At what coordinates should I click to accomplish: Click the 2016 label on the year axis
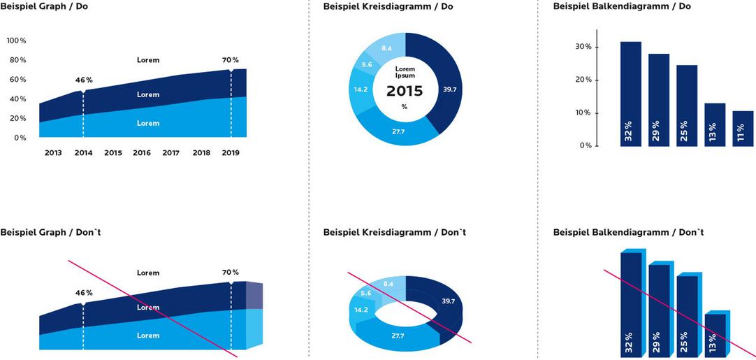tap(142, 152)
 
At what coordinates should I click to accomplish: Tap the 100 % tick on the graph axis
tap(17, 41)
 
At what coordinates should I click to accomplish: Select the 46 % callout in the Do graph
tap(84, 80)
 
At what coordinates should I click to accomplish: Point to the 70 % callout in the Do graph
tap(231, 60)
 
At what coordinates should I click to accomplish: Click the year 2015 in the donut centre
tap(405, 91)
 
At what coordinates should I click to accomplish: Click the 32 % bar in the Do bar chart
tap(630, 94)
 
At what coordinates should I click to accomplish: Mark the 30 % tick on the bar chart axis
tap(583, 47)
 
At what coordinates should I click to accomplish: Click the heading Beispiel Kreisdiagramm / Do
tap(389, 6)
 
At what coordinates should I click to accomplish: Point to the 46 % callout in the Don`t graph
tap(84, 292)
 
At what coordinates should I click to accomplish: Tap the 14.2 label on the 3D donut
tap(361, 310)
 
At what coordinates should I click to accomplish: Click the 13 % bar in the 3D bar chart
tap(715, 336)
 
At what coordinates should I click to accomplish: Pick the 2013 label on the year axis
tap(54, 152)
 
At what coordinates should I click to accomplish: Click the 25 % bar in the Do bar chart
tap(687, 106)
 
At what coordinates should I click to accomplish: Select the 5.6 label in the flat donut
tap(366, 65)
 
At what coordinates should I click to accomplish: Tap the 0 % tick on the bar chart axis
tap(586, 145)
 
